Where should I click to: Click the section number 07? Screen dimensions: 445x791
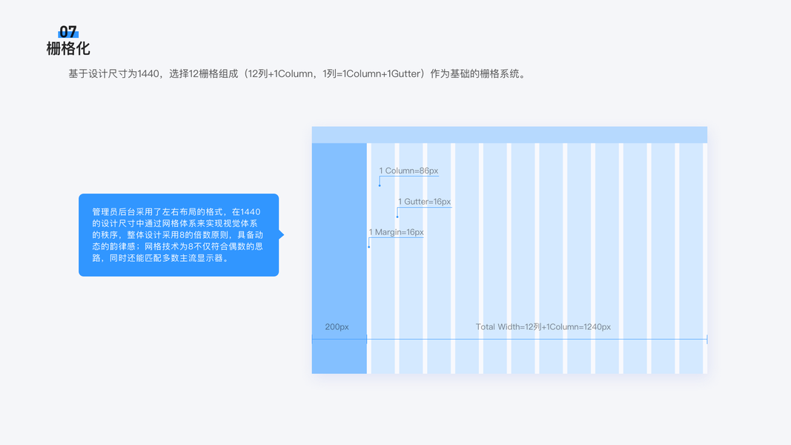click(67, 32)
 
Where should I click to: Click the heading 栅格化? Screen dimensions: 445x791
click(68, 49)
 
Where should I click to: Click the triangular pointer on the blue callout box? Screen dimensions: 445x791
click(281, 234)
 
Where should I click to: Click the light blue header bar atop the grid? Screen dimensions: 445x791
click(509, 135)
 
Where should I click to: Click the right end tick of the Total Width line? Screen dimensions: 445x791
click(706, 339)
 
